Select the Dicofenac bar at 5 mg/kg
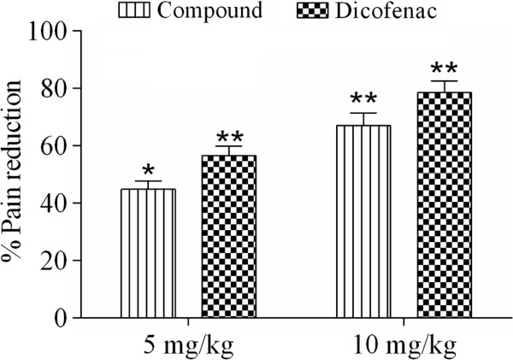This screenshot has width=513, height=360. click(x=228, y=237)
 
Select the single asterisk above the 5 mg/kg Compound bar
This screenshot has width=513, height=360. click(x=149, y=168)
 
